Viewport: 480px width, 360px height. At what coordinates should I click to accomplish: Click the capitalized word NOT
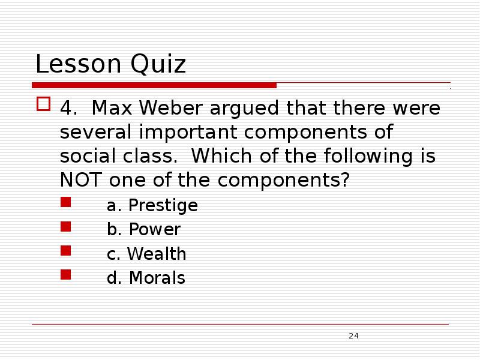point(80,179)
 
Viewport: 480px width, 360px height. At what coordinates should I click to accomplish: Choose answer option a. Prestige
point(152,206)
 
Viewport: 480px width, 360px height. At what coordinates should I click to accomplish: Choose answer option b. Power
point(143,230)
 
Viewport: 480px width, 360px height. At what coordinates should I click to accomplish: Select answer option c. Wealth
point(146,254)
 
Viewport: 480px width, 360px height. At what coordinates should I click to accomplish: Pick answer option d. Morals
point(146,278)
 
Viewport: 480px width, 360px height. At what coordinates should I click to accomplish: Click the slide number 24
point(353,336)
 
